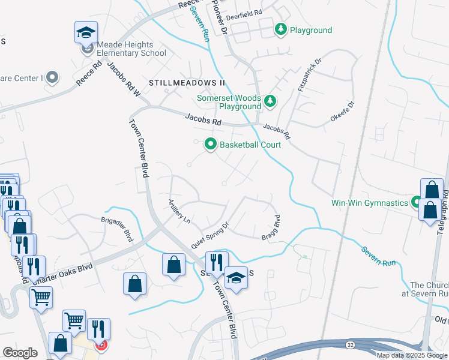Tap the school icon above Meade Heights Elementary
tap(86, 32)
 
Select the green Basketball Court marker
tap(210, 144)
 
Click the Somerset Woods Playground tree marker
tap(270, 101)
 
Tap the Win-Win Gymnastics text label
tap(370, 203)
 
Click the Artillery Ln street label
tap(179, 211)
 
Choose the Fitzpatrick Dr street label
tap(310, 75)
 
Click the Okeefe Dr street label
tap(342, 112)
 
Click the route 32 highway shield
tap(349, 344)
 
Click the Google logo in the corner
tap(20, 353)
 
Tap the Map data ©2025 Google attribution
tap(412, 355)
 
